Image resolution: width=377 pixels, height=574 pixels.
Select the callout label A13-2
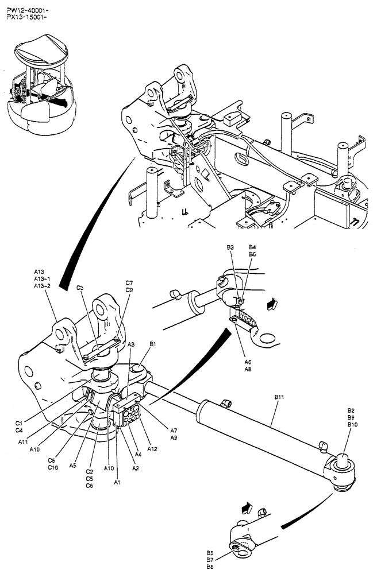[x=43, y=286]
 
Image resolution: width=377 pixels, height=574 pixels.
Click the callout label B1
[x=153, y=344]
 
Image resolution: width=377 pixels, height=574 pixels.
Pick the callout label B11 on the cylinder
[x=280, y=397]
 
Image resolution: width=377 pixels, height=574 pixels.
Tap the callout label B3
[x=230, y=247]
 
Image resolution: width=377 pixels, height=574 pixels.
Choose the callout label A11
[x=23, y=442]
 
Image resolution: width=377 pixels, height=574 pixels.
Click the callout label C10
[x=52, y=467]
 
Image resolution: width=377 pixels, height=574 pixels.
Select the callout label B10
[x=353, y=424]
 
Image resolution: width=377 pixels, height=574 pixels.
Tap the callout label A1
[x=117, y=483]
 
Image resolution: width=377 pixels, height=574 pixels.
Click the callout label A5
[x=73, y=466]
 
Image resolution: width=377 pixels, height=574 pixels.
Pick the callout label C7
[x=129, y=283]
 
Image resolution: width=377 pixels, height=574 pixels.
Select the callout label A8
[x=248, y=370]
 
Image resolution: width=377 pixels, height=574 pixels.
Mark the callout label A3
[x=131, y=344]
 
